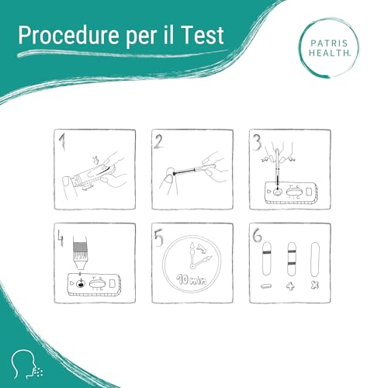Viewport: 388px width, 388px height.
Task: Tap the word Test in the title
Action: click(203, 36)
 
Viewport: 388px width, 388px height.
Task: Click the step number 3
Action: click(254, 142)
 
